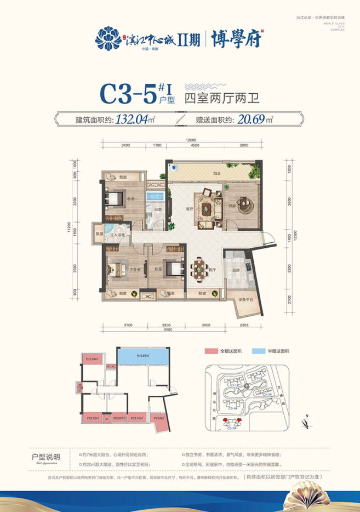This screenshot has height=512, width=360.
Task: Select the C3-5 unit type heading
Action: (127, 95)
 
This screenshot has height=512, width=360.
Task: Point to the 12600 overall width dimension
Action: (191, 139)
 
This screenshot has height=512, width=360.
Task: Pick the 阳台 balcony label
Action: (218, 174)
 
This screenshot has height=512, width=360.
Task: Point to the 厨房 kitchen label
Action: (235, 270)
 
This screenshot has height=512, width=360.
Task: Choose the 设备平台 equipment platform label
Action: (244, 300)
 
